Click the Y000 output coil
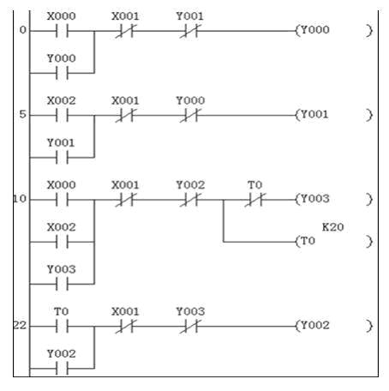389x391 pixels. click(x=333, y=30)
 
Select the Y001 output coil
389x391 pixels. click(x=333, y=115)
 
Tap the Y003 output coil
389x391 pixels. click(x=333, y=199)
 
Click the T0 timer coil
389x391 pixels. click(x=333, y=242)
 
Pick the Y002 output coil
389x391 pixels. click(x=333, y=326)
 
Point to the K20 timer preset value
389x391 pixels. click(x=332, y=227)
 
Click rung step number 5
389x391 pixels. click(x=22, y=115)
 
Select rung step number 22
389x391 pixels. click(x=20, y=326)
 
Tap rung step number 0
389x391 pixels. click(x=22, y=30)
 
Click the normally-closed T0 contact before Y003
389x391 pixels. click(x=255, y=200)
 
